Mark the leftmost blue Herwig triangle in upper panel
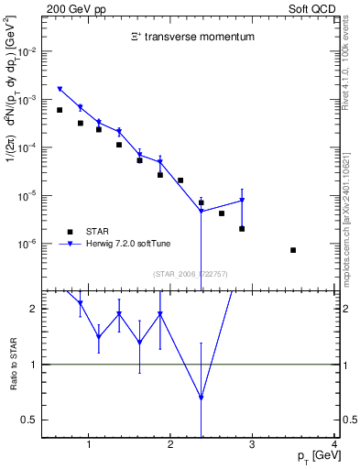tap(60, 90)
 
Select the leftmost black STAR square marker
tap(60, 110)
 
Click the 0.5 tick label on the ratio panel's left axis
tap(28, 420)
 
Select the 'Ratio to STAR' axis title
tap(12, 364)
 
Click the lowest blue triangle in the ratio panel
tap(201, 398)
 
